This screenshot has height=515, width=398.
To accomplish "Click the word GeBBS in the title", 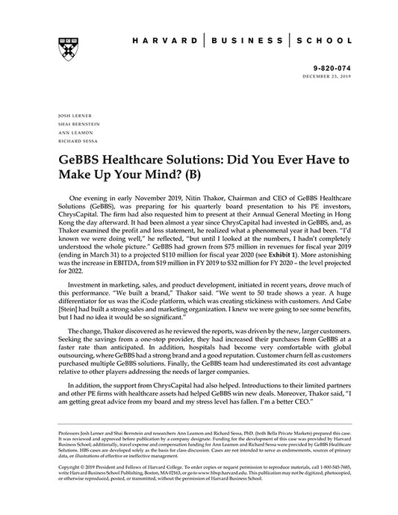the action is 80,160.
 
